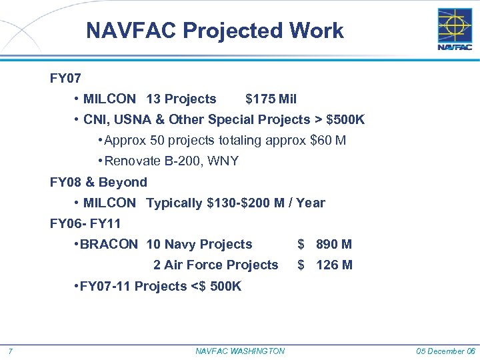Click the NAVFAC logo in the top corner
(x=454, y=29)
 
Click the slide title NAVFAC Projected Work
(x=215, y=31)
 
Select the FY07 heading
(x=65, y=79)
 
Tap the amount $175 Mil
(x=271, y=99)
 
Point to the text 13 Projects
(x=181, y=99)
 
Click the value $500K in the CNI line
(x=345, y=120)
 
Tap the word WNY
(x=223, y=161)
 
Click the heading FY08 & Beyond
(x=99, y=182)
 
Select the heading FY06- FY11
(x=85, y=223)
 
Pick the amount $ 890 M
(x=325, y=245)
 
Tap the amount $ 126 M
(x=325, y=265)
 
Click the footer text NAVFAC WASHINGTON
(x=240, y=351)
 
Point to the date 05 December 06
(x=446, y=351)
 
